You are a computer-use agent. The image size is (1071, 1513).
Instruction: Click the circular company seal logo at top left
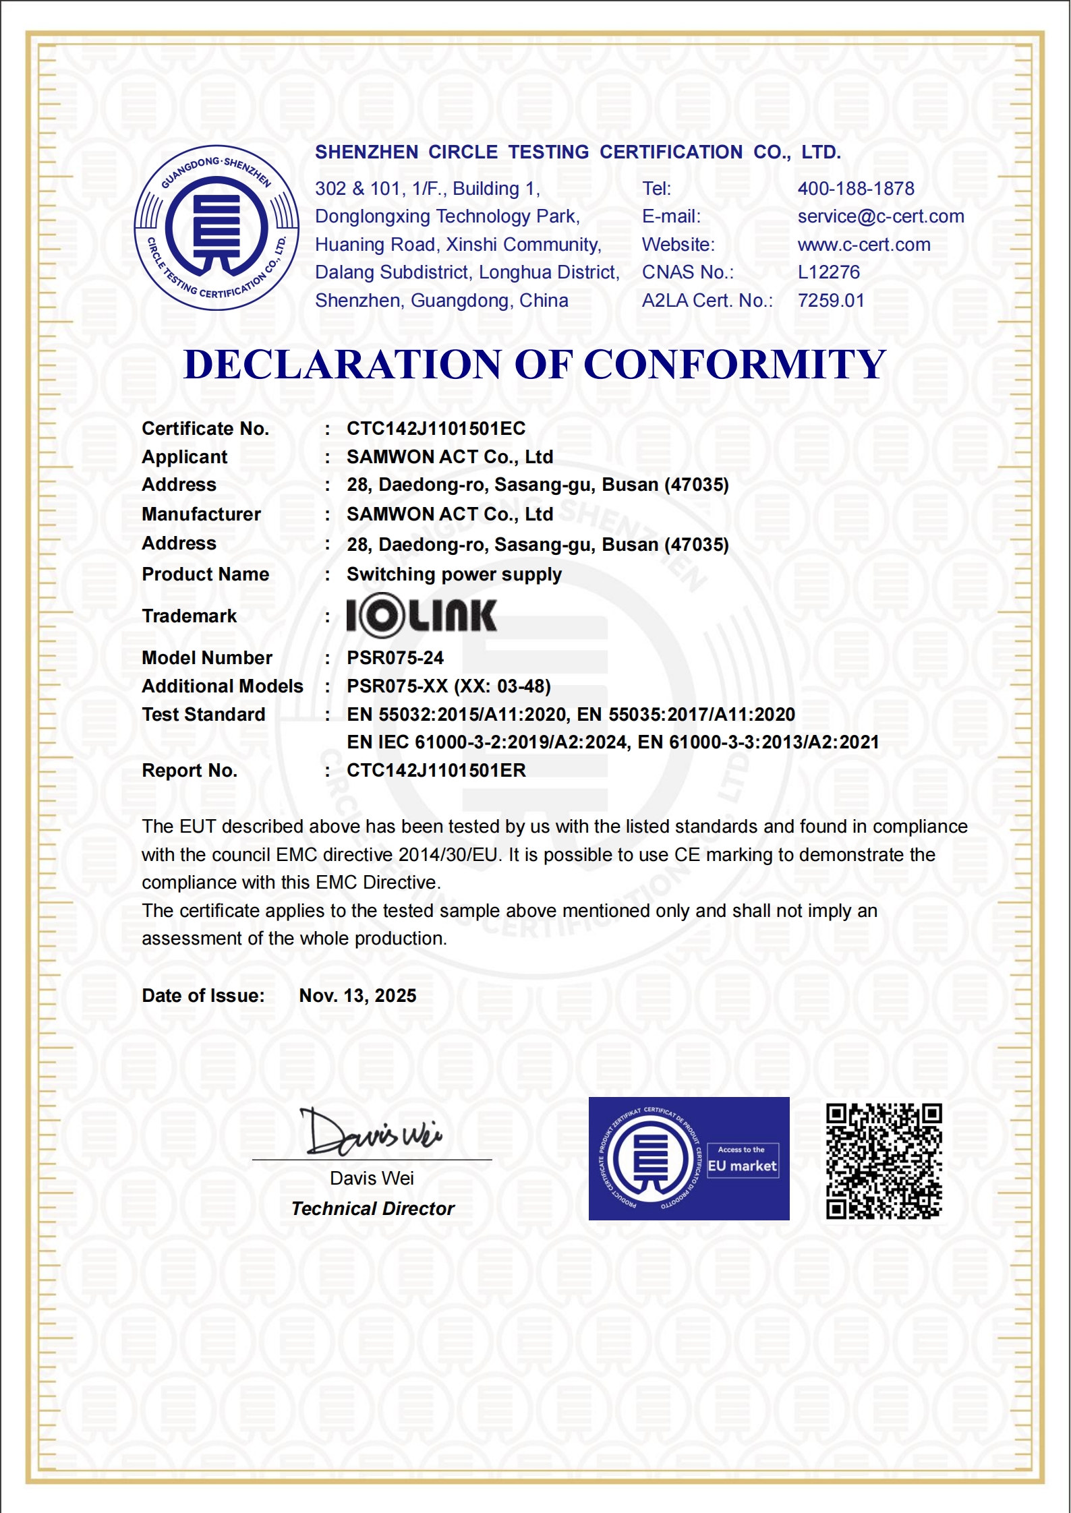click(216, 228)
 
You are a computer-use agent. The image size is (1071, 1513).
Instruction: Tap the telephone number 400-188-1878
click(856, 189)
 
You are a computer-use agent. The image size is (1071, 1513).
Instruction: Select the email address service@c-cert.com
click(881, 216)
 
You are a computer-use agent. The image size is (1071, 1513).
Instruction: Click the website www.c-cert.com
click(864, 245)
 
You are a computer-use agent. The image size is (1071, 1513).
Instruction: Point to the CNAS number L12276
click(829, 272)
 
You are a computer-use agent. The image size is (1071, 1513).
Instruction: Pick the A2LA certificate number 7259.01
click(831, 301)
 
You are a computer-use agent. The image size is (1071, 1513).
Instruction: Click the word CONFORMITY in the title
click(734, 365)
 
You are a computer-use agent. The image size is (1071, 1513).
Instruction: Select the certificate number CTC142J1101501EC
click(436, 429)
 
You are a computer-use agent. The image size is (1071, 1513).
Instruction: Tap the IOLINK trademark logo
click(422, 615)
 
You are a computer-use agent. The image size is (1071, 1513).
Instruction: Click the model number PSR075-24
click(395, 658)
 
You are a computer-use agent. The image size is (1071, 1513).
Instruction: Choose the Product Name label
click(205, 574)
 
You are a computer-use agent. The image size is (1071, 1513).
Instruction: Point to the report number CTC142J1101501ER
click(436, 771)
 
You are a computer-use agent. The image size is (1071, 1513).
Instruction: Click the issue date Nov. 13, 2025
click(357, 996)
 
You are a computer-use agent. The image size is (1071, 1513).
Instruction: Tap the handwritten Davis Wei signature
click(372, 1131)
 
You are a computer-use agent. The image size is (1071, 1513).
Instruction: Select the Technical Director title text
click(373, 1209)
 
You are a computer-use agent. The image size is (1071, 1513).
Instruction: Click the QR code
click(884, 1161)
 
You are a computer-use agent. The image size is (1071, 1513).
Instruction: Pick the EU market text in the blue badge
click(742, 1166)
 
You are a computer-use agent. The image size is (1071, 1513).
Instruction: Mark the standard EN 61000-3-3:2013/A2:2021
click(758, 742)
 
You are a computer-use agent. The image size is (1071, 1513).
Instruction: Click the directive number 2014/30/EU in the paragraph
click(448, 855)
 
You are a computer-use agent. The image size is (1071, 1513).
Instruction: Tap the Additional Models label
click(223, 686)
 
